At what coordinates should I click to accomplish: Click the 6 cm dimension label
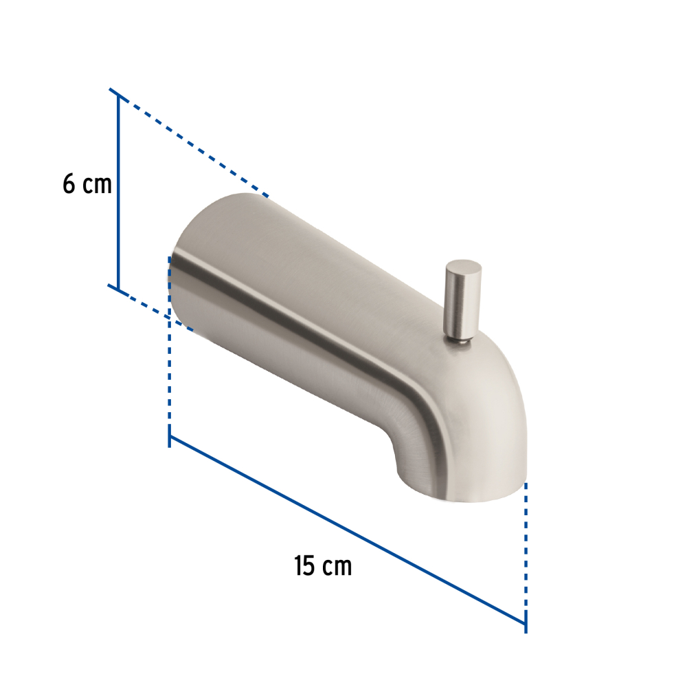(x=87, y=184)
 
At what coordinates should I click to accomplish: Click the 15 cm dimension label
(x=323, y=566)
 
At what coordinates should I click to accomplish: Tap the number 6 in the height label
(x=69, y=184)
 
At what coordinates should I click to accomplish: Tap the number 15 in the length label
(x=304, y=566)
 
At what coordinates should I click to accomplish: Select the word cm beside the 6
(x=98, y=185)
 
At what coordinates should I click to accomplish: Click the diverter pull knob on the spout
(x=463, y=301)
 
